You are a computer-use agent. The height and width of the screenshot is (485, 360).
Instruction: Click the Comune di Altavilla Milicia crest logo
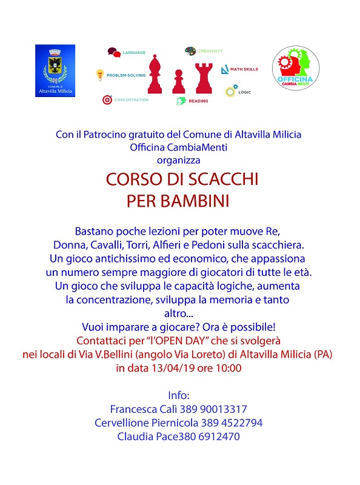(55, 70)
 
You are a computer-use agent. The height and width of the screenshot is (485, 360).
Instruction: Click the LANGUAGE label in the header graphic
(134, 53)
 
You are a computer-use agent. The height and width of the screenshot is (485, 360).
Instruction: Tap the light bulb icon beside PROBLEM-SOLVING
(99, 76)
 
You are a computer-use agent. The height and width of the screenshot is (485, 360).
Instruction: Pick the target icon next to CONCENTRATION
(107, 99)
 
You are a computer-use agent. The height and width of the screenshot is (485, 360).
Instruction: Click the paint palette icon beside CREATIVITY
(190, 50)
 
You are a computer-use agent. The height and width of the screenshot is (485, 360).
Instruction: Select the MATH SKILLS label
(244, 69)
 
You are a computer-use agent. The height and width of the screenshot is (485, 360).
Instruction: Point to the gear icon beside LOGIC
(230, 92)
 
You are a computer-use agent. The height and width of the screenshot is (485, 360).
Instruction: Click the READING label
(198, 101)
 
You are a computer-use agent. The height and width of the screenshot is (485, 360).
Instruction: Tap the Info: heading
(179, 395)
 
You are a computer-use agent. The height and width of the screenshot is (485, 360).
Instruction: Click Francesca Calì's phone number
(212, 409)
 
